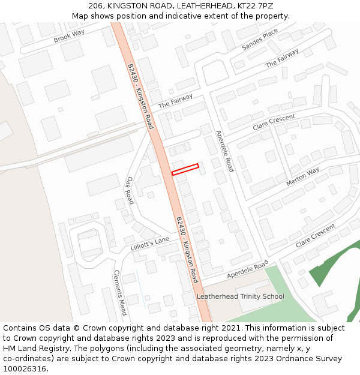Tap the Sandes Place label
pyautogui.click(x=260, y=39)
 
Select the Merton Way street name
pyautogui.click(x=303, y=176)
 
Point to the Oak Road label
pyautogui.click(x=130, y=190)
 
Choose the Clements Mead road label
pyautogui.click(x=120, y=292)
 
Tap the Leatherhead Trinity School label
pyautogui.click(x=241, y=296)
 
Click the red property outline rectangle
pyautogui.click(x=185, y=169)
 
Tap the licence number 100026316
pyautogui.click(x=25, y=369)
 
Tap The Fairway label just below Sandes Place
pyautogui.click(x=282, y=58)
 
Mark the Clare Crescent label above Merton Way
pyautogui.click(x=274, y=122)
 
